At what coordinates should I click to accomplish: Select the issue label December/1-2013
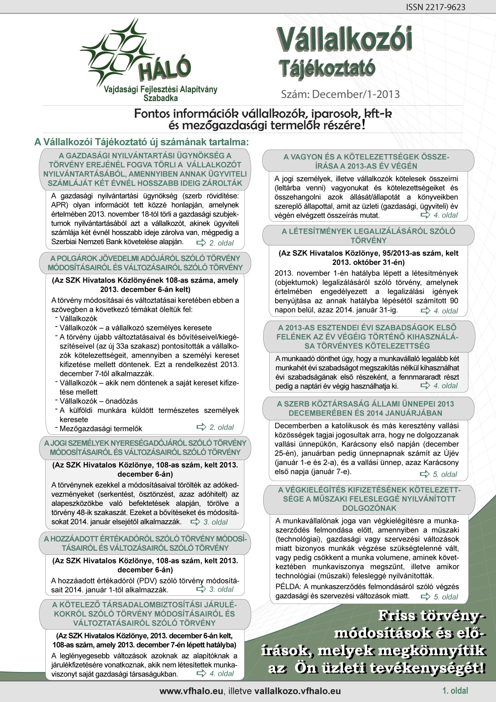pyautogui.click(x=356, y=94)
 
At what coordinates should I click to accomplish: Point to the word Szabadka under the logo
pyautogui.click(x=160, y=98)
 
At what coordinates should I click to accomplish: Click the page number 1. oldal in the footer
pyautogui.click(x=455, y=690)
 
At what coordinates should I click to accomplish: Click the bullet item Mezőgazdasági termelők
pyautogui.click(x=101, y=429)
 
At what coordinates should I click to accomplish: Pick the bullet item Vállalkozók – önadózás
pyautogui.click(x=99, y=401)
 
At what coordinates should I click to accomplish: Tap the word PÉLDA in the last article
pyautogui.click(x=287, y=587)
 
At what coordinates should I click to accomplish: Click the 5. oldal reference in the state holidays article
pyautogui.click(x=445, y=474)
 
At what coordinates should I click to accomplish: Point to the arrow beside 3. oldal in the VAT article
pyautogui.click(x=201, y=589)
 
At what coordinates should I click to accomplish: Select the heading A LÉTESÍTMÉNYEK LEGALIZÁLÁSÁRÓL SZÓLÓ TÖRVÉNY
pyautogui.click(x=368, y=236)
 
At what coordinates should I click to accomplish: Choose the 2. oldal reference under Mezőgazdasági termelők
pyautogui.click(x=222, y=427)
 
